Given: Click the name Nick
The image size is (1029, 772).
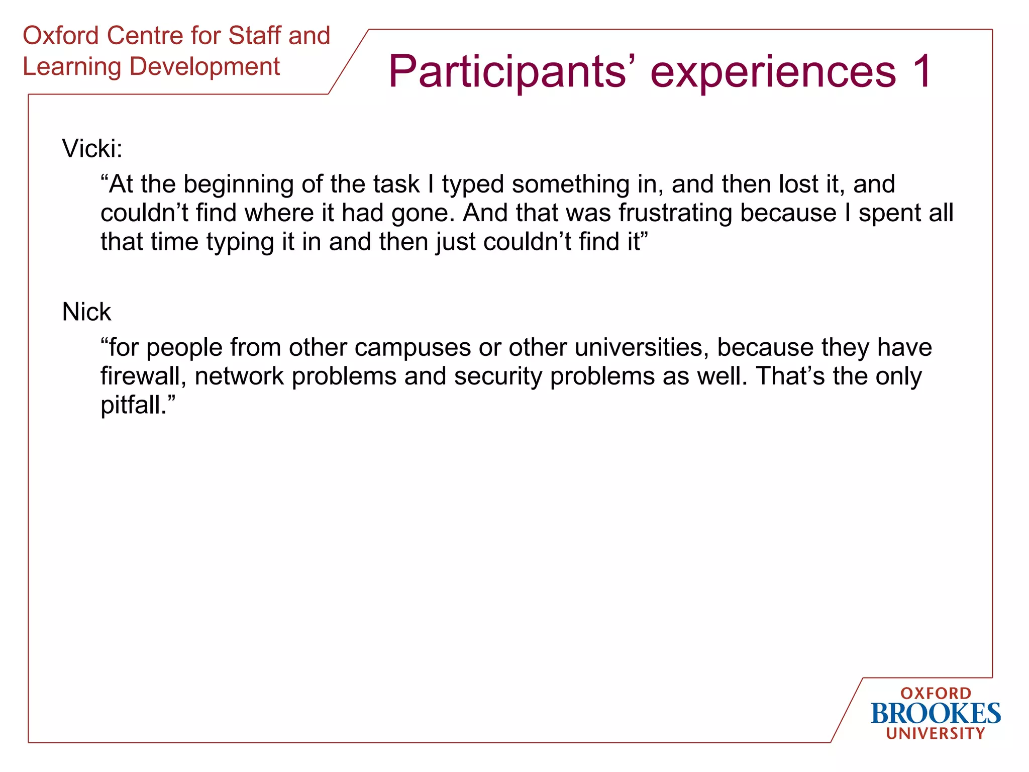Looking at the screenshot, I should (x=86, y=312).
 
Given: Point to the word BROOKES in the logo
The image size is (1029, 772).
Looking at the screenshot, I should (x=936, y=714).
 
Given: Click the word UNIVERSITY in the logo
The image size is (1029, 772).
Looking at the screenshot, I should (x=936, y=734).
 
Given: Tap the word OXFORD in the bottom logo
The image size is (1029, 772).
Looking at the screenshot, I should (x=936, y=694).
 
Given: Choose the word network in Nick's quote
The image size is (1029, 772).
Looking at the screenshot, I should (x=239, y=376).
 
